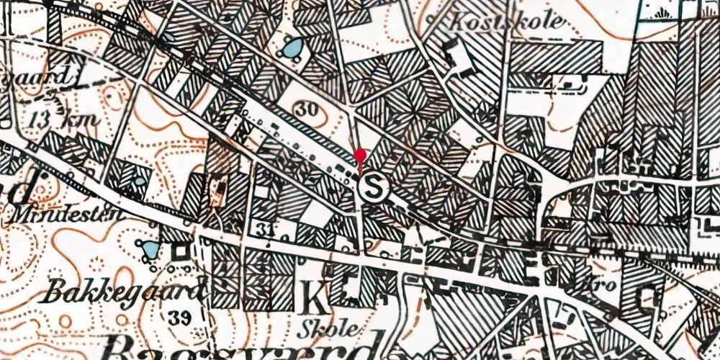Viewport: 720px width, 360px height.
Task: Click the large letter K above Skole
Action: tap(315, 296)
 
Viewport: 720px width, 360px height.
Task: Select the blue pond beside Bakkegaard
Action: tap(150, 250)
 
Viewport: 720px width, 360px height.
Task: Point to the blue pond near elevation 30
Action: tap(292, 49)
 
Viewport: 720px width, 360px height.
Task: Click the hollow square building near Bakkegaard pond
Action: tap(179, 252)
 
